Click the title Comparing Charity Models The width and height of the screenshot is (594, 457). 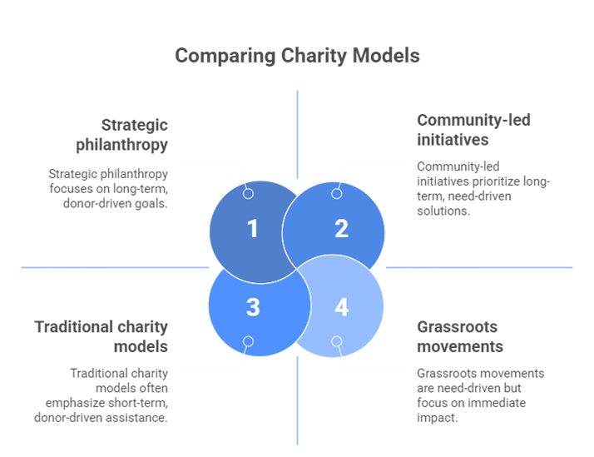click(297, 57)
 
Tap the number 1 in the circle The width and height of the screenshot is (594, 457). click(253, 229)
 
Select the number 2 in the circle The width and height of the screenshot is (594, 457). click(341, 229)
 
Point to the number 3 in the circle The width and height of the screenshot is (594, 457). click(253, 307)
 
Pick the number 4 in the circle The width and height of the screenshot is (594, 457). click(341, 307)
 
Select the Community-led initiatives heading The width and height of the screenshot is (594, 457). click(473, 130)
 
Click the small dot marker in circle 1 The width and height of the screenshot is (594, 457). click(248, 194)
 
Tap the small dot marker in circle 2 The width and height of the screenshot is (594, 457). click(336, 194)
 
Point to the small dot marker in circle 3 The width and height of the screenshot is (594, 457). click(248, 341)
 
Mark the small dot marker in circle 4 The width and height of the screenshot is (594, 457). click(336, 341)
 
